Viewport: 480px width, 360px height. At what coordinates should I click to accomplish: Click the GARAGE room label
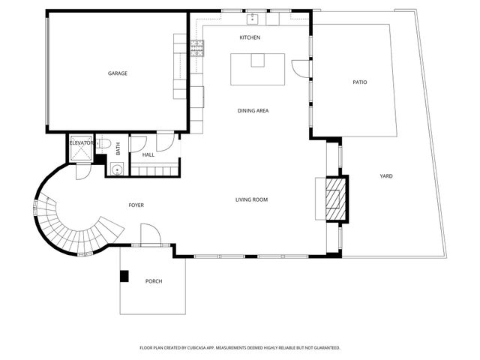pyautogui.click(x=117, y=73)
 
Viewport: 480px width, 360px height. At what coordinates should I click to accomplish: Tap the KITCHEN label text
pyautogui.click(x=249, y=37)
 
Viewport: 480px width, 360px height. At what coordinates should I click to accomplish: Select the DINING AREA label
pyautogui.click(x=253, y=111)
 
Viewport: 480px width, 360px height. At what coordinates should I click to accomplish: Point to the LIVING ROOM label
pyautogui.click(x=251, y=199)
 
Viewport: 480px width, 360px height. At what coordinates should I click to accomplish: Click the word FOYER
pyautogui.click(x=136, y=205)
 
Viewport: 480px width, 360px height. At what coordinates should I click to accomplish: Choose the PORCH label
pyautogui.click(x=153, y=281)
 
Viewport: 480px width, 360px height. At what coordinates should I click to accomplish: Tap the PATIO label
pyautogui.click(x=360, y=82)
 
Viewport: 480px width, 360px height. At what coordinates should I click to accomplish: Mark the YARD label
pyautogui.click(x=386, y=176)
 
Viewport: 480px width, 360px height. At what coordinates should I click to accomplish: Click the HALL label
pyautogui.click(x=148, y=155)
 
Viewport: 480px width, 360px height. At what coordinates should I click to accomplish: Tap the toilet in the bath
pyautogui.click(x=106, y=144)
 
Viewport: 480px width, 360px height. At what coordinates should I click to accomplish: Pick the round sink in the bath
pyautogui.click(x=117, y=169)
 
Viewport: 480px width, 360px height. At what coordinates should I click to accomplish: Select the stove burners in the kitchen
pyautogui.click(x=196, y=49)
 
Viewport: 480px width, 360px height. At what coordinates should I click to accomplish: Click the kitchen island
pyautogui.click(x=257, y=69)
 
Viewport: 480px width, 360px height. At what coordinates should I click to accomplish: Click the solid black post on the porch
pyautogui.click(x=124, y=275)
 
